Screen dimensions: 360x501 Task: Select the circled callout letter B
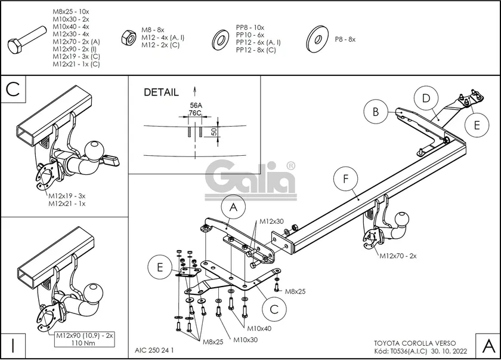coord(376,111)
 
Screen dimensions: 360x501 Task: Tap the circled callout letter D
coord(426,99)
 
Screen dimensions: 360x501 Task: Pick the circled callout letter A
coord(233,208)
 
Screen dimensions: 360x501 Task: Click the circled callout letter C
coord(274,309)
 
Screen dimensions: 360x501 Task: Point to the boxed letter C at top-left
coord(14,90)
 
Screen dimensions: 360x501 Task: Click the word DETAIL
coord(161,93)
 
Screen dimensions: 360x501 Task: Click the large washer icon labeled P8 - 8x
coord(316,39)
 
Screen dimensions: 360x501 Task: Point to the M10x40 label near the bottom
coord(260,328)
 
